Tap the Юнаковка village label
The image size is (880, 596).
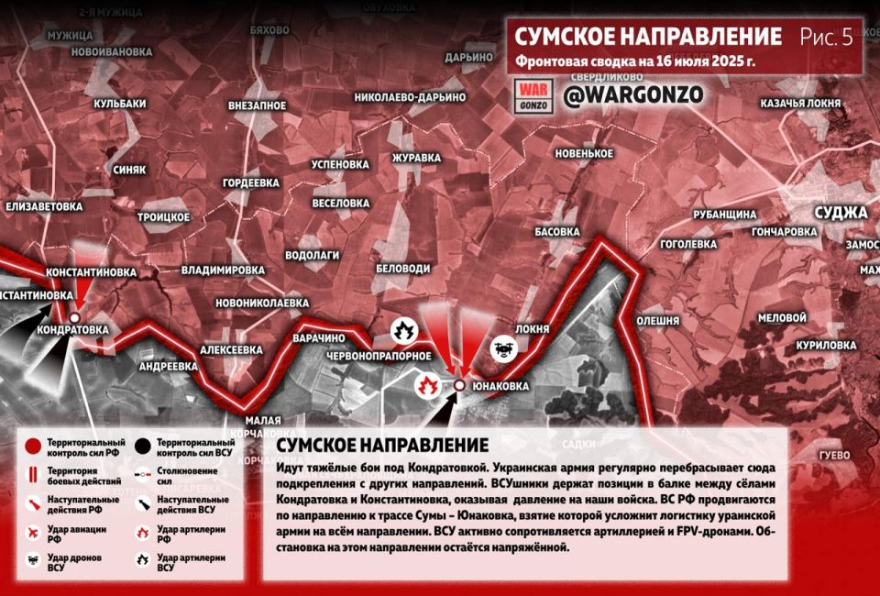coord(500,387)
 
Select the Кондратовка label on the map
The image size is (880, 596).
coord(72,328)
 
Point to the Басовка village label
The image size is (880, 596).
coord(557,231)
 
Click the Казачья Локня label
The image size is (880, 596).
coord(799,104)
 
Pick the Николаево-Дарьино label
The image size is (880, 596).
coord(410,97)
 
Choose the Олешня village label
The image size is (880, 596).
coord(657,321)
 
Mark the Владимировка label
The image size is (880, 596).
coord(223,270)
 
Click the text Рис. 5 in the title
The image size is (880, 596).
coord(826,37)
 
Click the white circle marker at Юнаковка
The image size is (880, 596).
coord(458,386)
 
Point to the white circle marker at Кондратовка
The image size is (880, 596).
coord(74,317)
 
